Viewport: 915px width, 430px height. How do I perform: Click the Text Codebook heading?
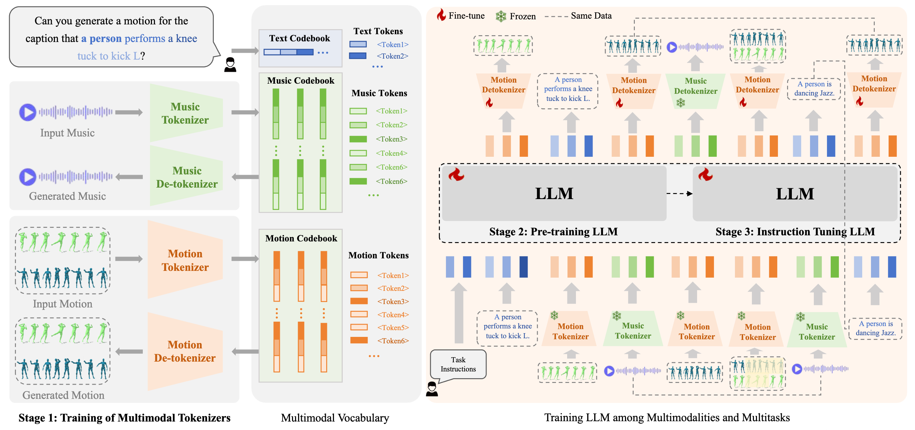point(299,38)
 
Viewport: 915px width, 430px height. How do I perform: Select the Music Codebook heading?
point(300,81)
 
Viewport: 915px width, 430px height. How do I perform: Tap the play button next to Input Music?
point(28,112)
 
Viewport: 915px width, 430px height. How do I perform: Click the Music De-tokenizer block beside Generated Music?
point(186,177)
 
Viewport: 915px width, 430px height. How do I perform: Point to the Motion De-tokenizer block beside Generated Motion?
point(185,351)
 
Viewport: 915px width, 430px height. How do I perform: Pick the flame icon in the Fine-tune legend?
point(441,15)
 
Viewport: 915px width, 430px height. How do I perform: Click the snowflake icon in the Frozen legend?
point(501,16)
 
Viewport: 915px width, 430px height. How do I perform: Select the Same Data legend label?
point(591,16)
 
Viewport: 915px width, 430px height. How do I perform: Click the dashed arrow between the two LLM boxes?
point(679,194)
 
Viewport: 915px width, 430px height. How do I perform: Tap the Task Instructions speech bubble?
point(458,364)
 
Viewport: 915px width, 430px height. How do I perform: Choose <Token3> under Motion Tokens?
point(393,301)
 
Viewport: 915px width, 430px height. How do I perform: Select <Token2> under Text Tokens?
point(392,56)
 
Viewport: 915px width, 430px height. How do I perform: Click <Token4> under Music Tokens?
point(392,153)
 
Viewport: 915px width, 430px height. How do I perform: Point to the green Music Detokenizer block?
point(695,91)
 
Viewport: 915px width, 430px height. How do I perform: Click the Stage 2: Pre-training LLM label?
point(553,232)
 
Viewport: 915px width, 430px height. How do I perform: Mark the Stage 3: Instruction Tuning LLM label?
point(795,232)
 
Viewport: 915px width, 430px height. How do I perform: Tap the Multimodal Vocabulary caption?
point(335,417)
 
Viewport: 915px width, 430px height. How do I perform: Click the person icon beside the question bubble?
point(230,65)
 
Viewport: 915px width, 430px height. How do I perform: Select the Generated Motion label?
point(63,395)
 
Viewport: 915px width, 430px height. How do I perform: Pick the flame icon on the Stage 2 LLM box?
point(456,174)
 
